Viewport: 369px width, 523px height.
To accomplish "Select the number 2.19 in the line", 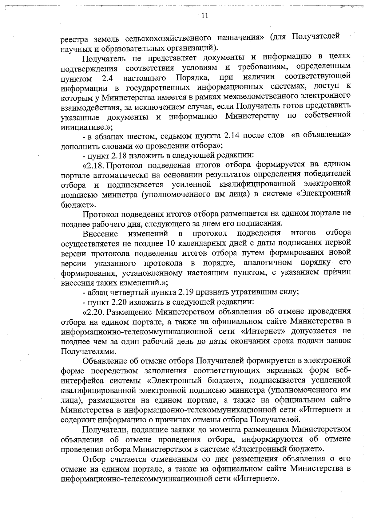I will tap(186, 292).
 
